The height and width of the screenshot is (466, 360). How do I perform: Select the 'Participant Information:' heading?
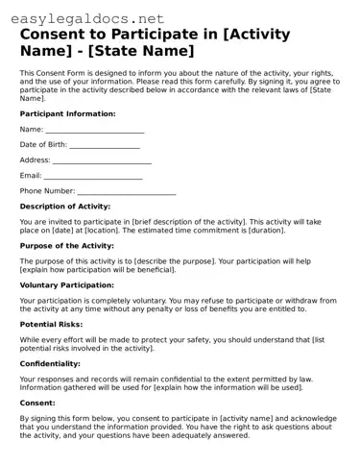(x=67, y=113)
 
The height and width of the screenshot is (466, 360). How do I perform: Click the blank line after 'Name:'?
(x=95, y=130)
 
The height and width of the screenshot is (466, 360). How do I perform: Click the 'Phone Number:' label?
(x=47, y=191)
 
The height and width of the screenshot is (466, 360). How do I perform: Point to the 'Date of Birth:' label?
(x=43, y=145)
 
